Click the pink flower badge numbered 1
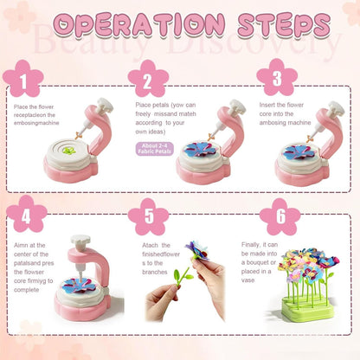[x=23, y=79]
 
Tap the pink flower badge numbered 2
[x=148, y=79]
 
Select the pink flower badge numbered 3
[x=277, y=77]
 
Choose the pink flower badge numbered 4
[x=26, y=214]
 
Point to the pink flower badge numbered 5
[x=148, y=216]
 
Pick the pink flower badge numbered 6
[x=280, y=216]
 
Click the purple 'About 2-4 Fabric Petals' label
[x=154, y=149]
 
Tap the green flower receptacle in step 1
[x=69, y=151]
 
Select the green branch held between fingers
[x=183, y=277]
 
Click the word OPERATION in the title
[x=139, y=24]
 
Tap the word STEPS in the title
[x=284, y=24]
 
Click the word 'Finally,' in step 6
[x=250, y=245]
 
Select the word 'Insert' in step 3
[x=267, y=105]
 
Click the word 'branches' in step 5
[x=155, y=272]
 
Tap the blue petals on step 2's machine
[x=200, y=150]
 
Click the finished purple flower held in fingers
[x=197, y=250]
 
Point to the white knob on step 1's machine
[x=105, y=105]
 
